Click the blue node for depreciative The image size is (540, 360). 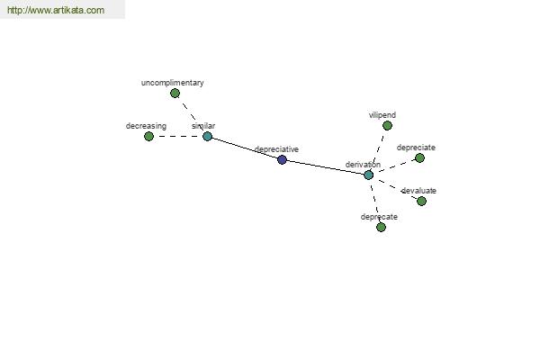(282, 159)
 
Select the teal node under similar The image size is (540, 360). (207, 137)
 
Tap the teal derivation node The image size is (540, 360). (368, 175)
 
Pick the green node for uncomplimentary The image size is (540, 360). (175, 93)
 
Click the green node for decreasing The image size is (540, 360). (148, 137)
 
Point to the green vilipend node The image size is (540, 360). (387, 126)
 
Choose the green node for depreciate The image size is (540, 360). (419, 158)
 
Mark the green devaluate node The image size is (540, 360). (421, 202)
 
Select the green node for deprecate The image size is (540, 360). (381, 228)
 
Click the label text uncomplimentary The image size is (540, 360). (173, 83)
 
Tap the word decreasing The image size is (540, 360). (146, 126)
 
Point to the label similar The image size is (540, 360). (203, 126)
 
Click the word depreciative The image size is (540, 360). (276, 149)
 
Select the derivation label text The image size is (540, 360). (363, 165)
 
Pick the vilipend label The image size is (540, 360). (382, 115)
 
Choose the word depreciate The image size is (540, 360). (416, 148)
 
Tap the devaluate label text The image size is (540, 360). (418, 191)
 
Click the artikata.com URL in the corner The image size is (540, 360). (56, 10)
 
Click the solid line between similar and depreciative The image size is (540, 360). (245, 148)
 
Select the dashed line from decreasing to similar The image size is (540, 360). (177, 137)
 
